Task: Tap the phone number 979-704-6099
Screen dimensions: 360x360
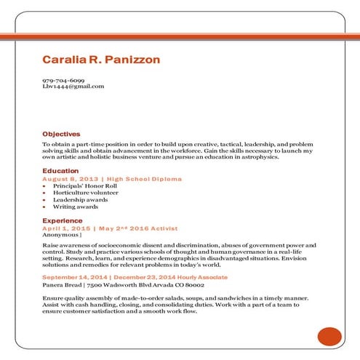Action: [63, 80]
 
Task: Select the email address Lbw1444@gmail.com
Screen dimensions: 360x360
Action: [73, 87]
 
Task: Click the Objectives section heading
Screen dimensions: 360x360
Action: [61, 134]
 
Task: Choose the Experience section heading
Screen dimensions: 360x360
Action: [62, 220]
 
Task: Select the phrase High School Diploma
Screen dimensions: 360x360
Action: [144, 179]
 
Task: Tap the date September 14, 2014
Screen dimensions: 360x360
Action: [75, 278]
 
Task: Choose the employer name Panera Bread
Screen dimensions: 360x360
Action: [60, 285]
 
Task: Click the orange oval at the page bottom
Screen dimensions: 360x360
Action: [329, 336]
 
